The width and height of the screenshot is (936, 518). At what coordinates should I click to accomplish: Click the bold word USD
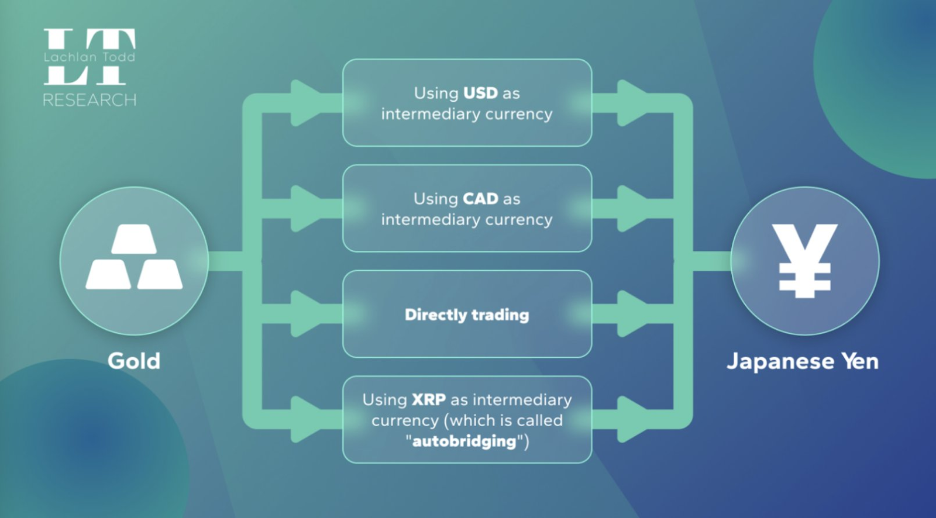[480, 93]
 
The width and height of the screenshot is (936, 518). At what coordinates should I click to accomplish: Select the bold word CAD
[480, 198]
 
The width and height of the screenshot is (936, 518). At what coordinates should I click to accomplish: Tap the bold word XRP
[429, 400]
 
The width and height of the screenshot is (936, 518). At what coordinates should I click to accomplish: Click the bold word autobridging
[464, 441]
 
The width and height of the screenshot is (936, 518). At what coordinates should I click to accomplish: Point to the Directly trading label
[467, 315]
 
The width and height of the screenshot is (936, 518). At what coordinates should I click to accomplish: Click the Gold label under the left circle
[134, 361]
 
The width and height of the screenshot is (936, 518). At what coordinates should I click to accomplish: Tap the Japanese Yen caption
[803, 361]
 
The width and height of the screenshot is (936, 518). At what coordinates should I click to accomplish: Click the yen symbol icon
[804, 261]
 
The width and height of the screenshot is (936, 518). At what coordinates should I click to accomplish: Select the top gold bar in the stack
[134, 239]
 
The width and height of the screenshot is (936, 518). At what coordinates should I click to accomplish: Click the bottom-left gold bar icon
[108, 274]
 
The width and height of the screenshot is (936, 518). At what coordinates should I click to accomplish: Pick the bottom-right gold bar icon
[160, 274]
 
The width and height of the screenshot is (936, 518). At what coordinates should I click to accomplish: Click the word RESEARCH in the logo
[90, 100]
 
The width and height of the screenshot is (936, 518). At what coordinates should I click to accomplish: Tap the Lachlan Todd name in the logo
[90, 56]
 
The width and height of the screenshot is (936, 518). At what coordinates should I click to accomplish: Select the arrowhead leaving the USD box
[632, 103]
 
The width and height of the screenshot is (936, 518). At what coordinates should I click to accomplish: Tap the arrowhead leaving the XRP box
[632, 419]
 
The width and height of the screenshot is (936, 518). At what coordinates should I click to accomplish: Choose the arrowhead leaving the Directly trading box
[632, 314]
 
